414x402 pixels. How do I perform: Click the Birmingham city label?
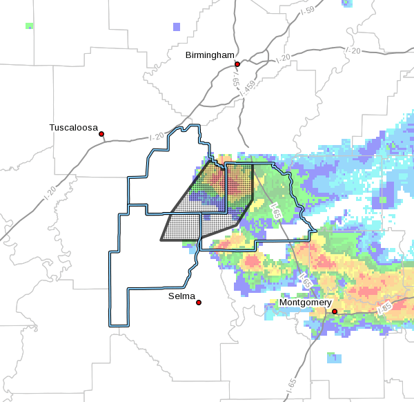210,55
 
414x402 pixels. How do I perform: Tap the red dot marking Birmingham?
237,64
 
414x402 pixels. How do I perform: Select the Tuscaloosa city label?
74,127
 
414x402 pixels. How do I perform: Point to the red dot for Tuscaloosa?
101,134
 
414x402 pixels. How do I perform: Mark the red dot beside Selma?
199,303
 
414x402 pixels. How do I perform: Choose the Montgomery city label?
306,303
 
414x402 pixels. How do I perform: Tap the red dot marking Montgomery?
335,312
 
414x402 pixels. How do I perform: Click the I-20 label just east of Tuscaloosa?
157,136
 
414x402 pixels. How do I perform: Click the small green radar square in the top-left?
29,26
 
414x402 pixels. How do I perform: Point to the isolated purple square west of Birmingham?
177,27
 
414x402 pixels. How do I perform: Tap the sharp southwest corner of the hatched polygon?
161,240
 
